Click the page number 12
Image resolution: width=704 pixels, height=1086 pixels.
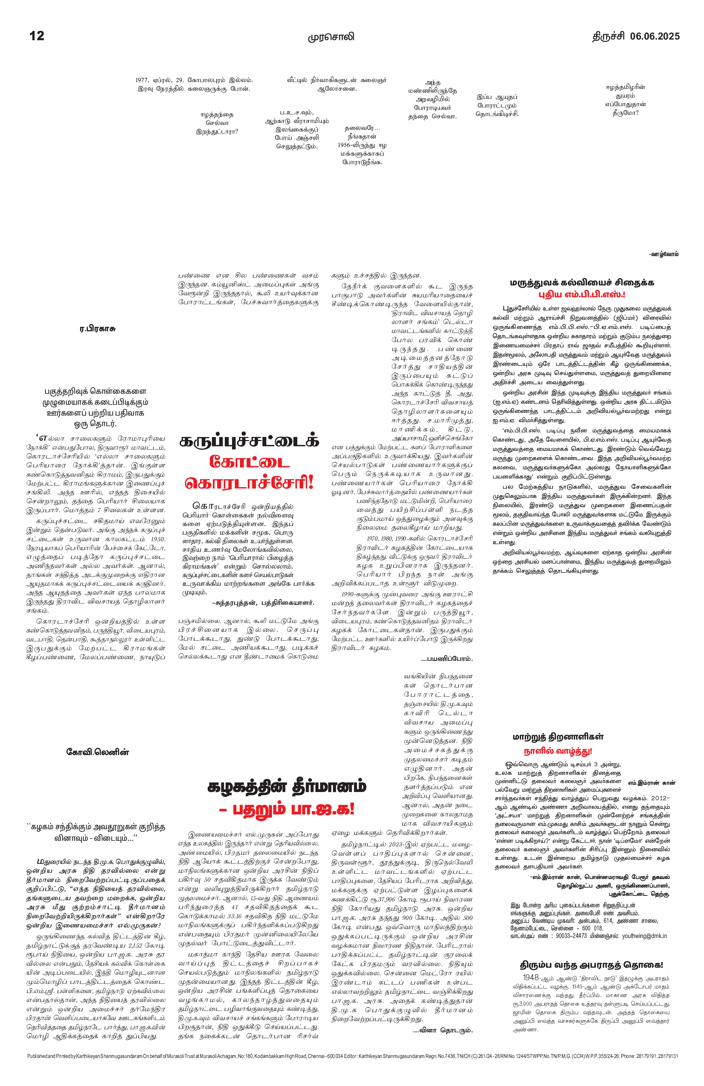(x=37, y=36)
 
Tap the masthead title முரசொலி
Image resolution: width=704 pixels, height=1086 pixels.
(x=331, y=37)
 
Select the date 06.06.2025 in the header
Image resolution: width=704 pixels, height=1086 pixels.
(x=655, y=36)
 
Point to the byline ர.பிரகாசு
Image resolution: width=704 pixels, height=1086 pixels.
(x=97, y=329)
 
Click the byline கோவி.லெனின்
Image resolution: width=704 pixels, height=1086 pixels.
(x=98, y=752)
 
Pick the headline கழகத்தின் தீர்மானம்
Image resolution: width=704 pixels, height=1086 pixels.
(x=286, y=787)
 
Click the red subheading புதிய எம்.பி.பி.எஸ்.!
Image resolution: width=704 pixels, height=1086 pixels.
(x=582, y=294)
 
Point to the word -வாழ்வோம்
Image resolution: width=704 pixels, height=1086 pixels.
(x=663, y=254)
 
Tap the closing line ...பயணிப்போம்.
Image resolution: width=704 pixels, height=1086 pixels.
(x=447, y=659)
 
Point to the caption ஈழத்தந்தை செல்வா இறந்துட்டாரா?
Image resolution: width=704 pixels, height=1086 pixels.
(x=217, y=123)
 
